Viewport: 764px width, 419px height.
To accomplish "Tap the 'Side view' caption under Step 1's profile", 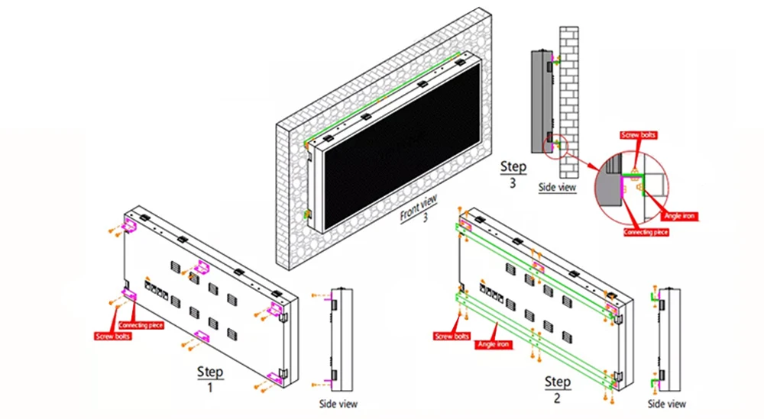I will pos(337,404).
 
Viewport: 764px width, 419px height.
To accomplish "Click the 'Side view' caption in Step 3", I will pos(557,187).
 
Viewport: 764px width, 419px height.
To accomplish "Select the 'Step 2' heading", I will pos(557,388).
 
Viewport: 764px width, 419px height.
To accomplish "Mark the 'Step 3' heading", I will pos(513,173).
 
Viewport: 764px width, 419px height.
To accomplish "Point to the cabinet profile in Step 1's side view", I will pos(341,340).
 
